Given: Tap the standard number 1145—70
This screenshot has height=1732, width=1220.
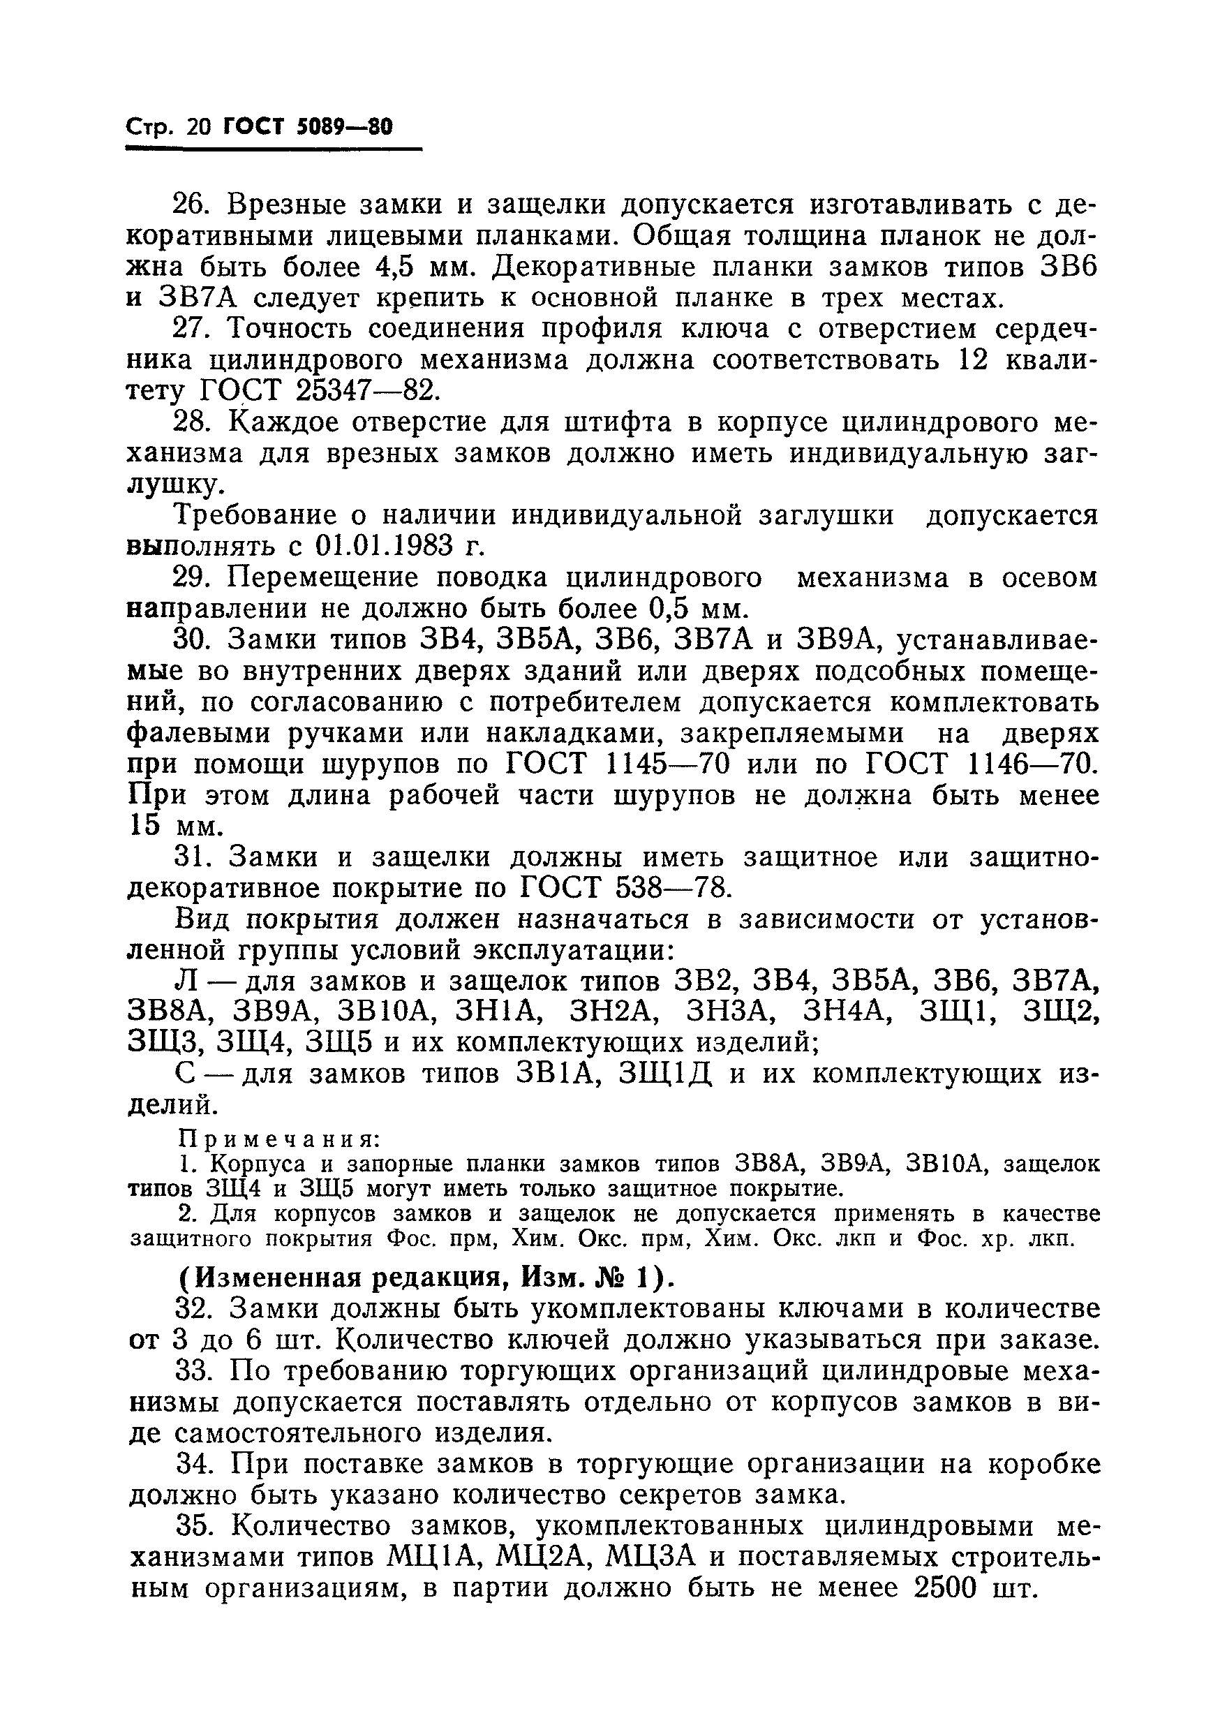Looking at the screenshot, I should click(669, 764).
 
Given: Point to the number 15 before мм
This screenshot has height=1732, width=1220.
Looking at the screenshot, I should click(144, 826).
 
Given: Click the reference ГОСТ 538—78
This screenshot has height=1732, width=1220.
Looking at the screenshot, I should click(625, 889).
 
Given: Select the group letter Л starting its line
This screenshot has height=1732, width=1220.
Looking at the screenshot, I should click(186, 982).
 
